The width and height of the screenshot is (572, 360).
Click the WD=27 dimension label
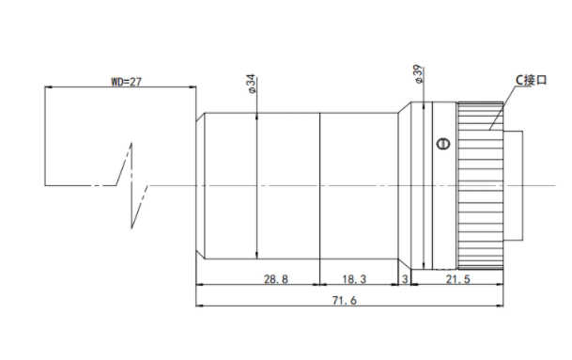tap(126, 82)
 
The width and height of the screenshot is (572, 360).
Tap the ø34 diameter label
tap(252, 84)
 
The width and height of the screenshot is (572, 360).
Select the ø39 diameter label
tap(418, 74)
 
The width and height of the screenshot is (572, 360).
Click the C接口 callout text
tap(531, 80)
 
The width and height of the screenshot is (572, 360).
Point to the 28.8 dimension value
tap(276, 279)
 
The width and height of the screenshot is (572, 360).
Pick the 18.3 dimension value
tap(354, 279)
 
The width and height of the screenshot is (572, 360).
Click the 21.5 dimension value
tap(457, 279)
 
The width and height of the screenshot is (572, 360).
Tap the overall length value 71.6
tap(345, 301)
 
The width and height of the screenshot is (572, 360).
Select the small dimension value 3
tap(405, 279)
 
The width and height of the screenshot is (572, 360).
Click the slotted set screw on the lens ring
tap(443, 144)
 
